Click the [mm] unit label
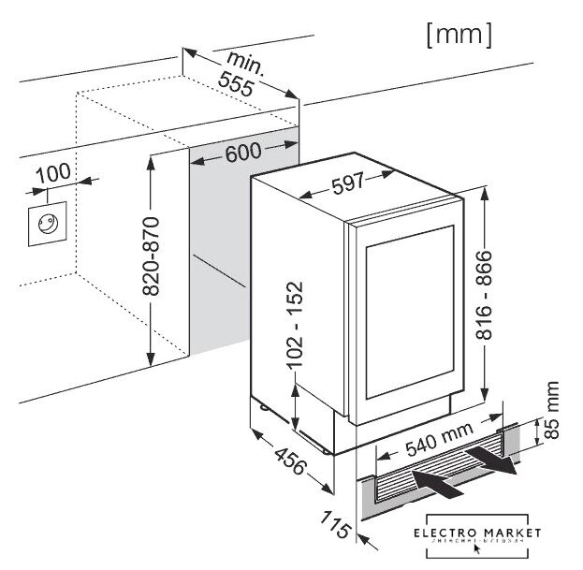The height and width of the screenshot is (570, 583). (458, 35)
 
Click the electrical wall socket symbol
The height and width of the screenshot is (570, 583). (44, 223)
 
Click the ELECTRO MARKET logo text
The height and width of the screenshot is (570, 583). (477, 533)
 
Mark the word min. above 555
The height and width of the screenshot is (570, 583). (247, 62)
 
